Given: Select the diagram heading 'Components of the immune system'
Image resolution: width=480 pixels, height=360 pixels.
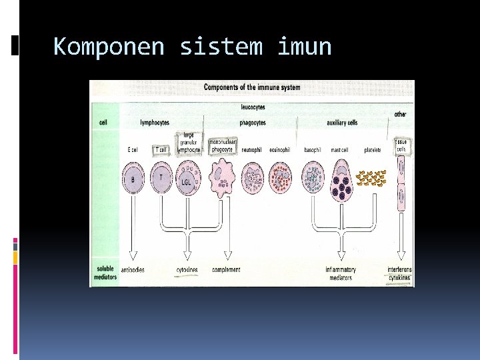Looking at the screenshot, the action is point(251,87).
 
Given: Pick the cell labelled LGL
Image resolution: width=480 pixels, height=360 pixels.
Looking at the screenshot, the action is point(187,179).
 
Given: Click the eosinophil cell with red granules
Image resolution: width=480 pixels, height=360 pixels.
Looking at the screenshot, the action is point(280,179).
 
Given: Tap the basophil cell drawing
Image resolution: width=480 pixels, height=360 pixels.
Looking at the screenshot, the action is point(313,179).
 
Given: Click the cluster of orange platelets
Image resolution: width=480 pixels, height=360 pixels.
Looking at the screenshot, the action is point(372,178).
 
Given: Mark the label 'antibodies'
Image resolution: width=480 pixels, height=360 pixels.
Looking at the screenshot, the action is point(133,270).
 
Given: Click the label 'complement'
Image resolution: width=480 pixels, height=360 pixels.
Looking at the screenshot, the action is point(226,270).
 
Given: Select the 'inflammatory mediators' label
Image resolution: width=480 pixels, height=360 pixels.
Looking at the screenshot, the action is point(340,273).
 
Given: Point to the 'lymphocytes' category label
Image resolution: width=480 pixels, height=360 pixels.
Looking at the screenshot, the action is point(155,123).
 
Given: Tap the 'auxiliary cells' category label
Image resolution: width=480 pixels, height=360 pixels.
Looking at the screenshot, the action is point(342,123).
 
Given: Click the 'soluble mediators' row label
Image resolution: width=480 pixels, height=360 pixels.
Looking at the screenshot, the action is point(104,273).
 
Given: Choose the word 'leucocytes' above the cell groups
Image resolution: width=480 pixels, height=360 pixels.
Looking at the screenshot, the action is point(253,107).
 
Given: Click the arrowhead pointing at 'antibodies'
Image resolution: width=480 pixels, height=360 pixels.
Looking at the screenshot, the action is point(133,257).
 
